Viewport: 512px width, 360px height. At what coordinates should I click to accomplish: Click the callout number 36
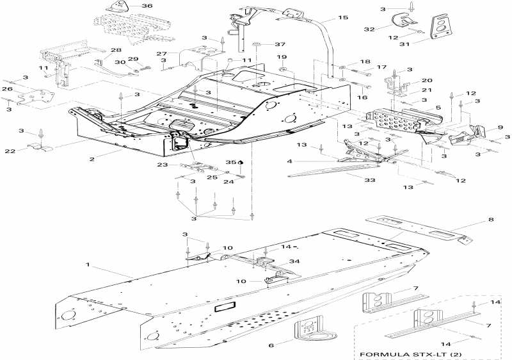147,6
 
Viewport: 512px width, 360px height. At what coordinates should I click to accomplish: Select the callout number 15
343,17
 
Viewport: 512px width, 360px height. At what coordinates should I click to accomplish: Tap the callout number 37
280,44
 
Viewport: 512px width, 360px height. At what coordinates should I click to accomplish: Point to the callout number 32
387,29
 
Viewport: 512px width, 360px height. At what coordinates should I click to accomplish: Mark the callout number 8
492,220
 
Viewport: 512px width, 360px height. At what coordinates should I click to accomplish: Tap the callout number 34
293,261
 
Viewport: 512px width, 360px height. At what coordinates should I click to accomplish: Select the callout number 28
116,50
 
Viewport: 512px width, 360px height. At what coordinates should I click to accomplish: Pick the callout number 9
500,127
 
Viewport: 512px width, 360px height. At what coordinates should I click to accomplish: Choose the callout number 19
282,57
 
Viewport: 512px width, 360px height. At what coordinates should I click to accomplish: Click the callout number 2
92,159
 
